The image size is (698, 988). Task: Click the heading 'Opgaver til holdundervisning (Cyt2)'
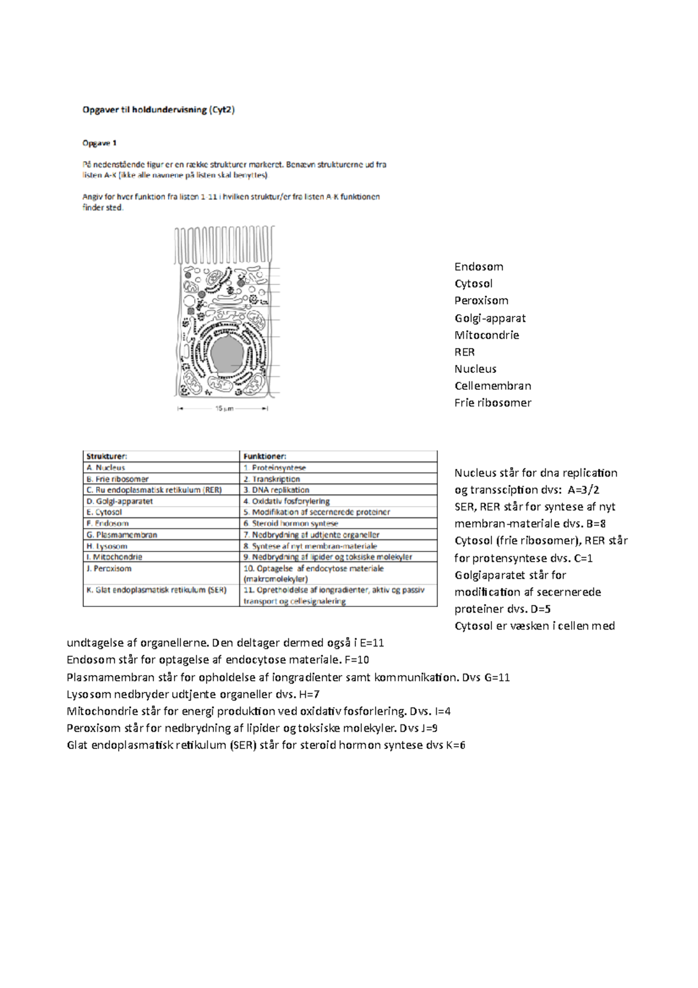click(x=158, y=109)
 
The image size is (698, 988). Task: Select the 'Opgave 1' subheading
click(x=99, y=143)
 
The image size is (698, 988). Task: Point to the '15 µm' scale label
click(x=224, y=408)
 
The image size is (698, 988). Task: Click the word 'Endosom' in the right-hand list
click(x=479, y=267)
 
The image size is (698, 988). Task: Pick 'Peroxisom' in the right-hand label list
click(x=481, y=301)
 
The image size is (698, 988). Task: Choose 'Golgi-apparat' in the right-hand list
click(x=490, y=318)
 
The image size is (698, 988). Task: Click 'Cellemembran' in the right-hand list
click(x=493, y=386)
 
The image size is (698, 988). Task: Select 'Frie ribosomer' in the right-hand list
click(x=493, y=403)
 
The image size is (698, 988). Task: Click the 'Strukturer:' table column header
click(x=107, y=457)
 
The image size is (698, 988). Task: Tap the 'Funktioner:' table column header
click(x=265, y=457)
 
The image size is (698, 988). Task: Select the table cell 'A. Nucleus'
click(x=106, y=468)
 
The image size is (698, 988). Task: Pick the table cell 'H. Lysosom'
click(x=107, y=546)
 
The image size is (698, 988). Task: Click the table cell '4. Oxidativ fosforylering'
click(x=287, y=501)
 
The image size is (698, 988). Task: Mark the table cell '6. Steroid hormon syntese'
click(x=291, y=524)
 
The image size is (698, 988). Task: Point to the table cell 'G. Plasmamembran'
click(x=122, y=535)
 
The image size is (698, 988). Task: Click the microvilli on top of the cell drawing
click(x=224, y=244)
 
